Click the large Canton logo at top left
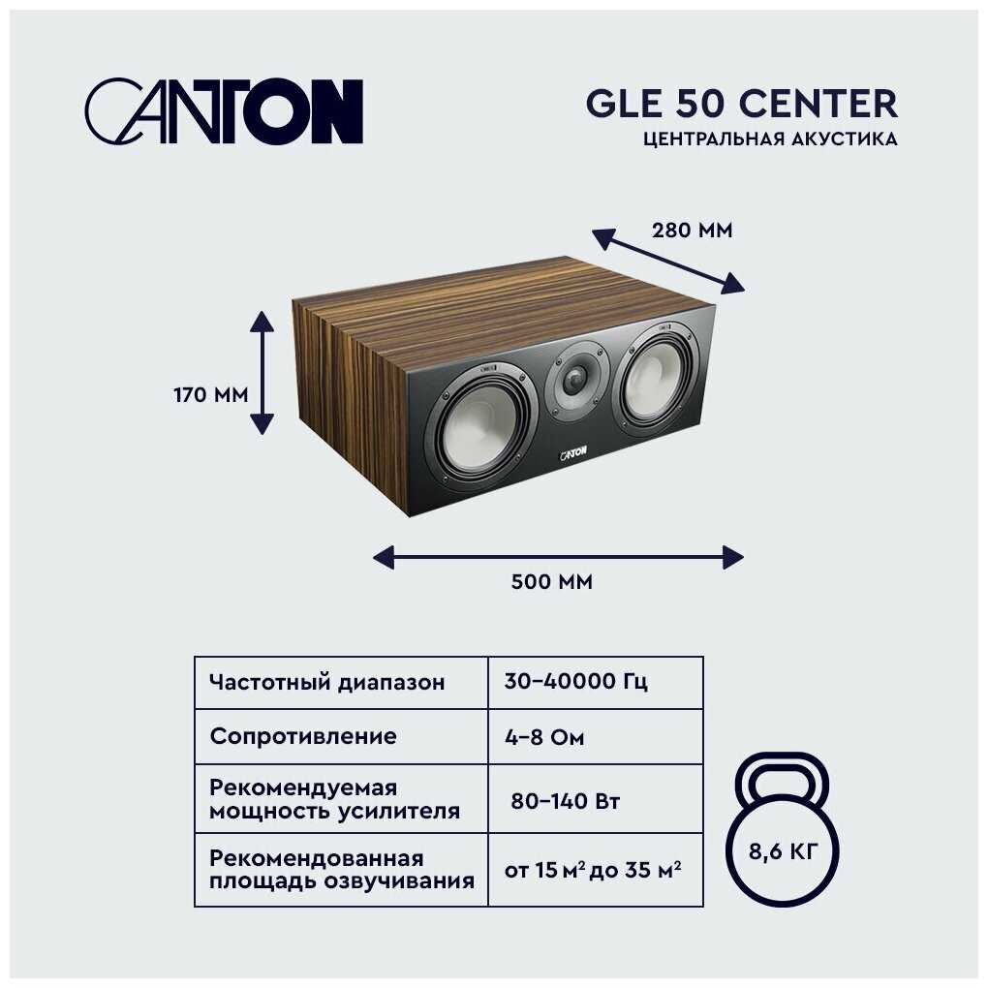(x=224, y=111)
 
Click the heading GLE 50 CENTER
(x=742, y=104)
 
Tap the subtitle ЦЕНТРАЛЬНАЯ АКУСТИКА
(x=770, y=139)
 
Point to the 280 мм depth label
(x=692, y=231)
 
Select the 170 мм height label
(x=210, y=395)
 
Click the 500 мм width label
(x=551, y=581)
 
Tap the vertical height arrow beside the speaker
(x=262, y=373)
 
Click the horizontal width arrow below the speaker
(x=558, y=557)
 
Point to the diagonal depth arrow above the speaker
(x=668, y=261)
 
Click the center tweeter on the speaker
(x=576, y=380)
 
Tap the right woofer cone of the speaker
(x=659, y=379)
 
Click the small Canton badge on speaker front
(x=572, y=453)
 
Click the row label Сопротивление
(x=303, y=736)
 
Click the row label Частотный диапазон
(x=327, y=683)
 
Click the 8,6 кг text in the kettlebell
(x=783, y=851)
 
